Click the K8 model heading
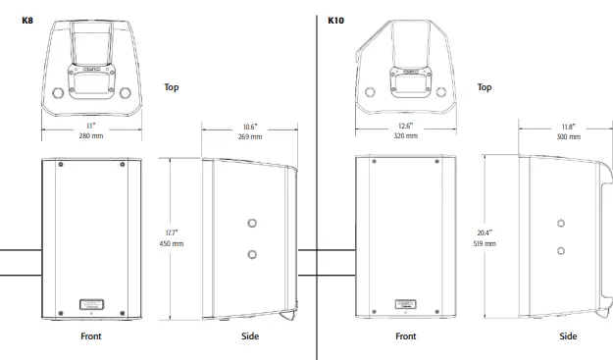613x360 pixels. pyautogui.click(x=27, y=19)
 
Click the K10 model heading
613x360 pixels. pyautogui.click(x=336, y=19)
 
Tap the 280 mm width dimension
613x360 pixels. pyautogui.click(x=90, y=135)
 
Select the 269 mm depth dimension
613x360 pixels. pyautogui.click(x=249, y=136)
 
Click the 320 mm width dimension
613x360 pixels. pyautogui.click(x=405, y=136)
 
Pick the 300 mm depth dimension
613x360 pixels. pyautogui.click(x=568, y=136)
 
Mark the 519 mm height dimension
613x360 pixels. pyautogui.click(x=485, y=241)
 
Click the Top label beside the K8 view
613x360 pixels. pyautogui.click(x=171, y=86)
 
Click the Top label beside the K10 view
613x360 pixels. pyautogui.click(x=484, y=86)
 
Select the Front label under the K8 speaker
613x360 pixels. pyautogui.click(x=90, y=336)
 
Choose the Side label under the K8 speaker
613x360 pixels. pyautogui.click(x=250, y=336)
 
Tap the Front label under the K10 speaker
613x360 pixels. pyautogui.click(x=405, y=336)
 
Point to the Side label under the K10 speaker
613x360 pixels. pyautogui.click(x=568, y=336)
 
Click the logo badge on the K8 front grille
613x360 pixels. pyautogui.click(x=90, y=304)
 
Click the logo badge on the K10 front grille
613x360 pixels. pyautogui.click(x=404, y=304)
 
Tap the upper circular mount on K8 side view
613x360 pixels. pyautogui.click(x=253, y=223)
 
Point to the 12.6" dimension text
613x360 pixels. pyautogui.click(x=405, y=126)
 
